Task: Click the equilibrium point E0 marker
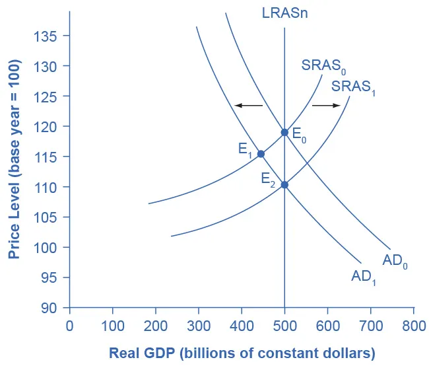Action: [x=284, y=132]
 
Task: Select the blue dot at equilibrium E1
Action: [x=261, y=154]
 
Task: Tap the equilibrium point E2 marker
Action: [x=284, y=184]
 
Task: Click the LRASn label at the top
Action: [x=284, y=13]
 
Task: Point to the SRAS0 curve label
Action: [x=323, y=66]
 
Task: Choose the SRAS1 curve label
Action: [x=354, y=87]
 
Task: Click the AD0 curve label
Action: [x=396, y=261]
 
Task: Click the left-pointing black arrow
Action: [x=248, y=105]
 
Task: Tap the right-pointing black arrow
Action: [x=326, y=105]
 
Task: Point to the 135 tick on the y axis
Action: [x=46, y=36]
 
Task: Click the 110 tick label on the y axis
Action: [x=46, y=187]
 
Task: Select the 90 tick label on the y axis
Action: [x=49, y=308]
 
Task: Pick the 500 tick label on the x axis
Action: [x=284, y=326]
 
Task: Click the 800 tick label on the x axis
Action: [x=413, y=326]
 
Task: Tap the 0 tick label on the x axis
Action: [x=69, y=326]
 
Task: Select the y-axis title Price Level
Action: [x=13, y=159]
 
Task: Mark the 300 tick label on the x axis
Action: [x=199, y=326]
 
